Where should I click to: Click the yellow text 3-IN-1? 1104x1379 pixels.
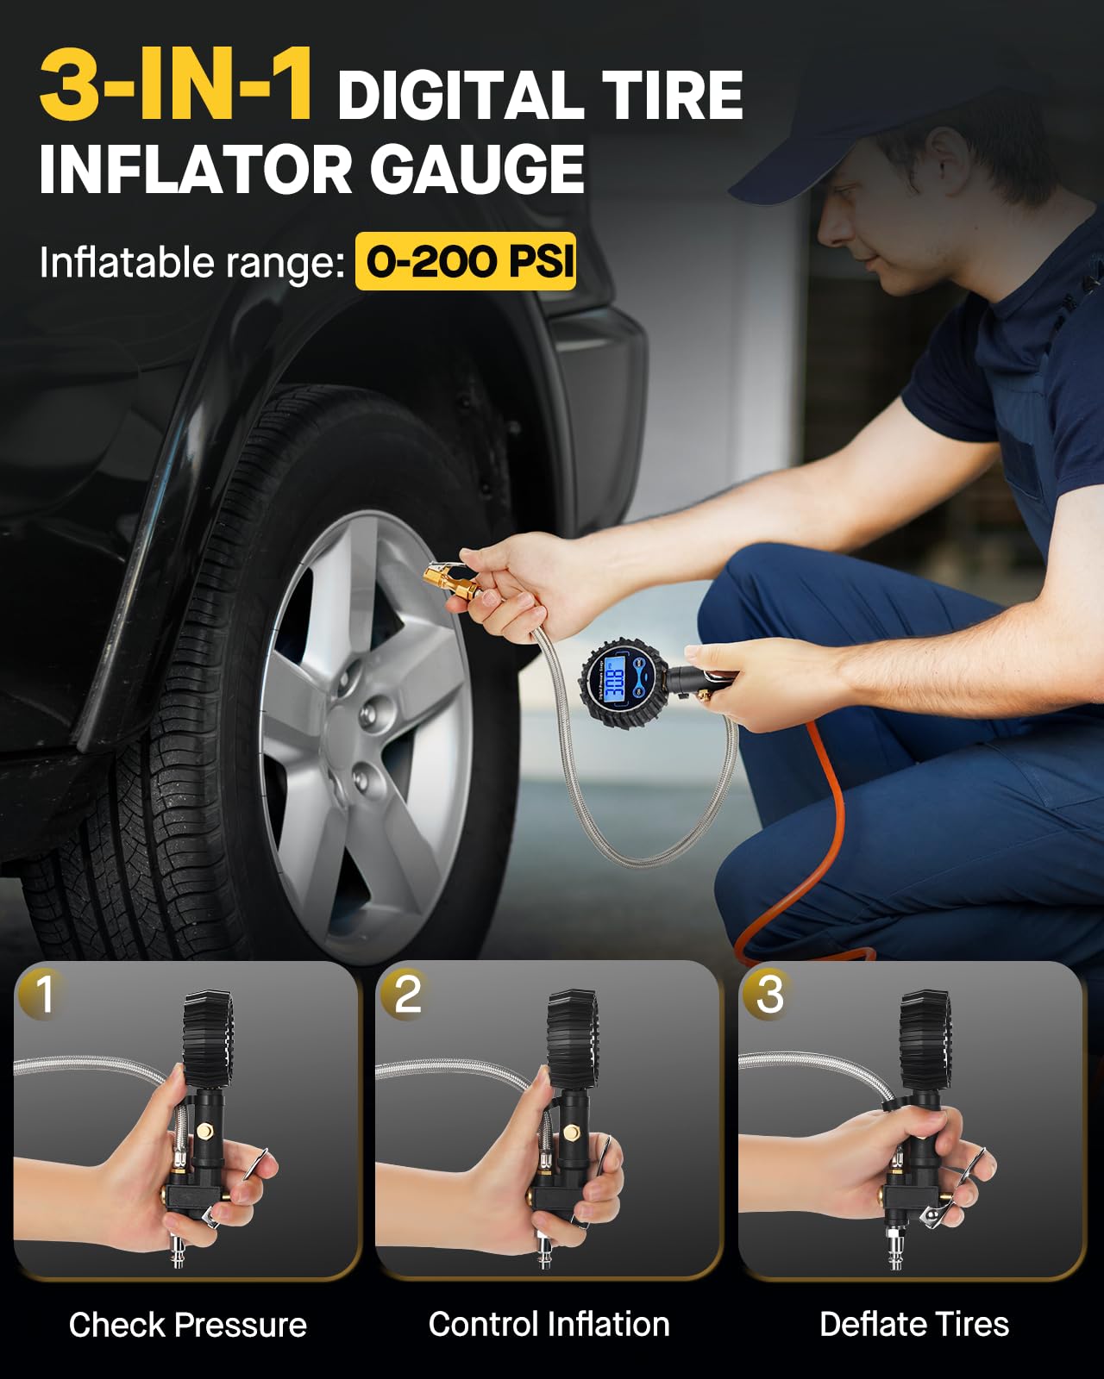tap(177, 86)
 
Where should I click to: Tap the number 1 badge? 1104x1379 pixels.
tap(43, 993)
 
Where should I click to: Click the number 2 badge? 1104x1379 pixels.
tap(406, 993)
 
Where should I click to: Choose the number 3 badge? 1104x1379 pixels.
tap(768, 993)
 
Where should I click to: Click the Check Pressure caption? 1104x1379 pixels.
tap(187, 1325)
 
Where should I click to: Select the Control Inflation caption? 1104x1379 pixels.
tap(549, 1324)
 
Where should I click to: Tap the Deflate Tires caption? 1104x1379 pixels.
tap(914, 1324)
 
